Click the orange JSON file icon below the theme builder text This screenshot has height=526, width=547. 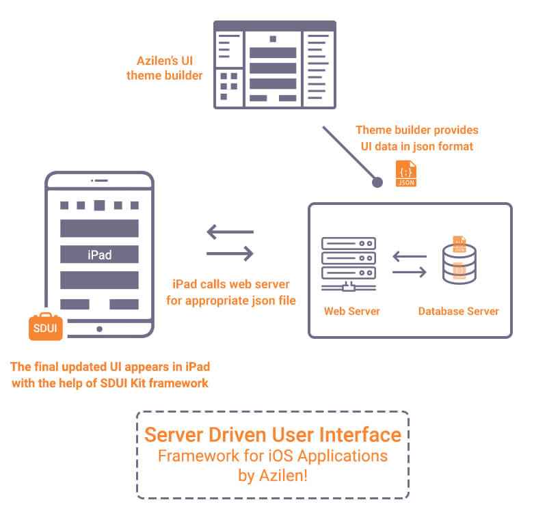pyautogui.click(x=406, y=174)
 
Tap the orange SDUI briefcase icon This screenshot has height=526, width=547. pyautogui.click(x=46, y=327)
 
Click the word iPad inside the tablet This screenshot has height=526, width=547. pyautogui.click(x=100, y=255)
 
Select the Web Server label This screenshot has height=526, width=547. pyautogui.click(x=351, y=311)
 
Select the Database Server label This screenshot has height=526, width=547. pyautogui.click(x=458, y=311)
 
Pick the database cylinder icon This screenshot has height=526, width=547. pyautogui.click(x=459, y=261)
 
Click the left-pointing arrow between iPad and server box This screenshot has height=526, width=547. pyautogui.click(x=230, y=232)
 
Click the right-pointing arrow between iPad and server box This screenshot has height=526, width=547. pyautogui.click(x=230, y=254)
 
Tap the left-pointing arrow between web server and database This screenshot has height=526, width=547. pyautogui.click(x=409, y=258)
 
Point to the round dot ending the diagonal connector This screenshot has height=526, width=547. pyautogui.click(x=376, y=182)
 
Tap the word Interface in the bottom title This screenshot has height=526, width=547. pyautogui.click(x=363, y=435)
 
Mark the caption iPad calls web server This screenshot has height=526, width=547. pyautogui.click(x=231, y=284)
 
